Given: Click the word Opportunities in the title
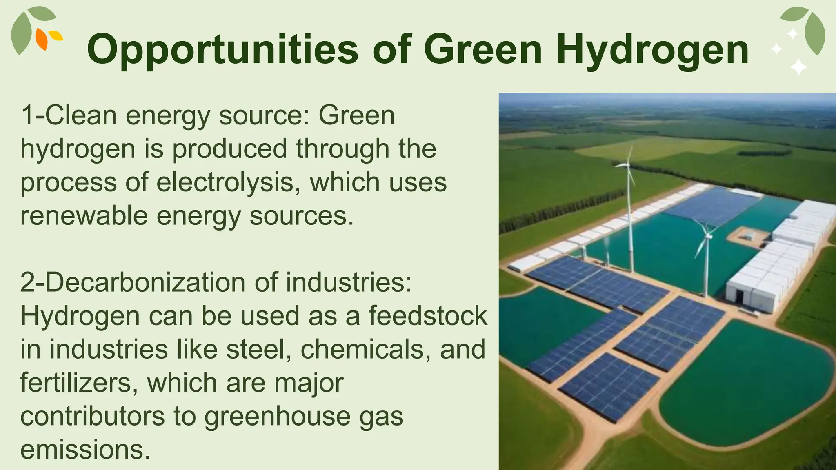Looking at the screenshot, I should pyautogui.click(x=222, y=50).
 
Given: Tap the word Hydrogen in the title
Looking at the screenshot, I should pyautogui.click(x=653, y=50).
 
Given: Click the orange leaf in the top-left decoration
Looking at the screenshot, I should pyautogui.click(x=42, y=39).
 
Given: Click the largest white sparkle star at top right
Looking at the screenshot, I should pyautogui.click(x=798, y=67).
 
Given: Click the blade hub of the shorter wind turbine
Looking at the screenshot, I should pyautogui.click(x=707, y=236).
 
